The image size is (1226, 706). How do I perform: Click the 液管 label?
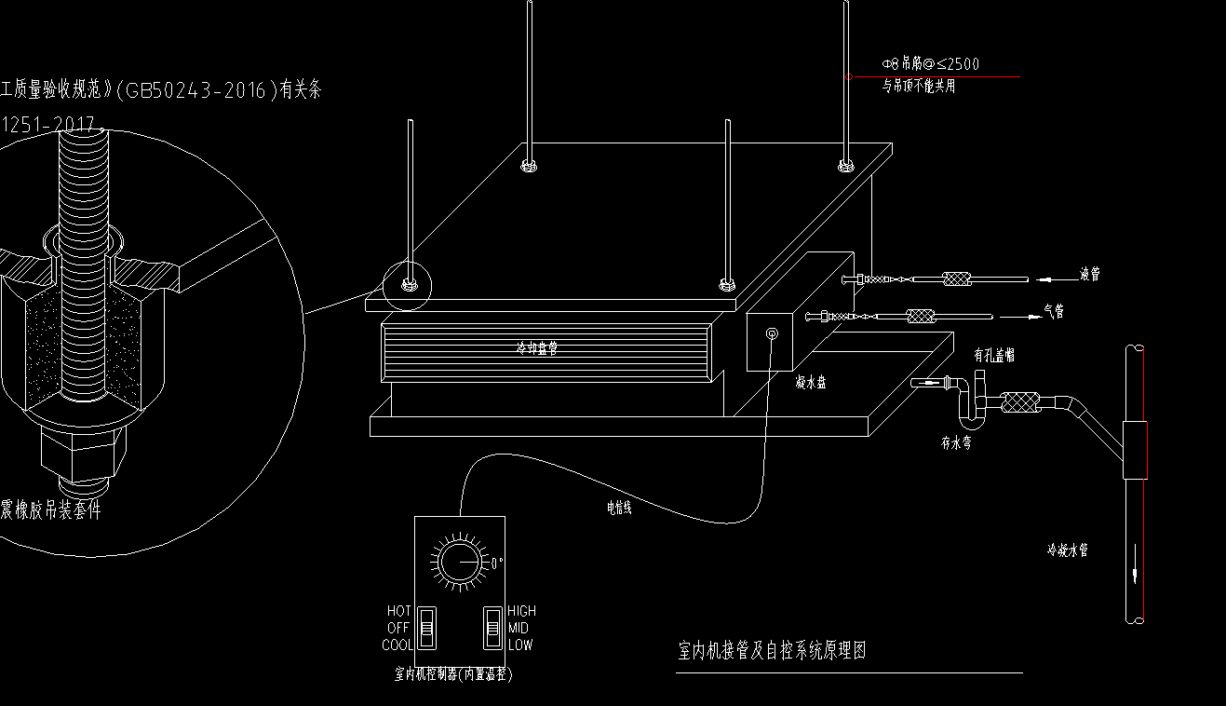(1090, 275)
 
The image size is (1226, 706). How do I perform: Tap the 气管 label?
(1054, 312)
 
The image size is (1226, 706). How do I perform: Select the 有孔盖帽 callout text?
(993, 355)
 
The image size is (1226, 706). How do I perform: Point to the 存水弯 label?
(956, 444)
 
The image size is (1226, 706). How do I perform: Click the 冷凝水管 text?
(1067, 550)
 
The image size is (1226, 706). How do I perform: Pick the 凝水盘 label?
(811, 382)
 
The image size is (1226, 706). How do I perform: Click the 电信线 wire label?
(619, 508)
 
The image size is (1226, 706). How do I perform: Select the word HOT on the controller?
(398, 611)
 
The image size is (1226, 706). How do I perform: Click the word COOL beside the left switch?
(397, 645)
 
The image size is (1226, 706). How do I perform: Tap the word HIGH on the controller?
(521, 611)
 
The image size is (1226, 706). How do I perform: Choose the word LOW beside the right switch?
(520, 645)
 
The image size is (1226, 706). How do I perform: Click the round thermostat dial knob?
(458, 563)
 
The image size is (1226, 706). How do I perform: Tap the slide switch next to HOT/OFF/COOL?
(426, 628)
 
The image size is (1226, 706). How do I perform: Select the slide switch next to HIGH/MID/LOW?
(492, 628)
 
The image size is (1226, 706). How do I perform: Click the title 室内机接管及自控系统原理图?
(772, 650)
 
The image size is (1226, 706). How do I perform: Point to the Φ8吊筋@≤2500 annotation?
(931, 64)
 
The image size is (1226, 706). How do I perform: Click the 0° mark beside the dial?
(496, 563)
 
